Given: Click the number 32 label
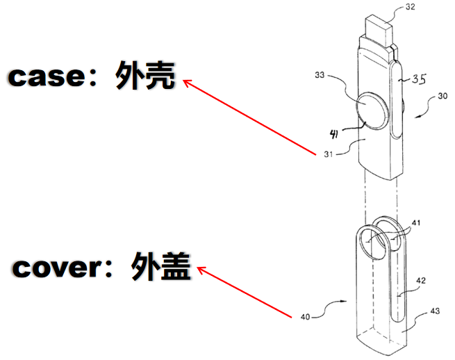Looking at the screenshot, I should click(411, 9).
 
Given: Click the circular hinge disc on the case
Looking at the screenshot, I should click(372, 110).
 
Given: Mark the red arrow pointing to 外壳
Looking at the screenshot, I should click(250, 117).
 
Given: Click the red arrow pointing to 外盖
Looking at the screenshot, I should click(242, 293).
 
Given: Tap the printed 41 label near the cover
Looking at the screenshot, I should click(415, 223).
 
